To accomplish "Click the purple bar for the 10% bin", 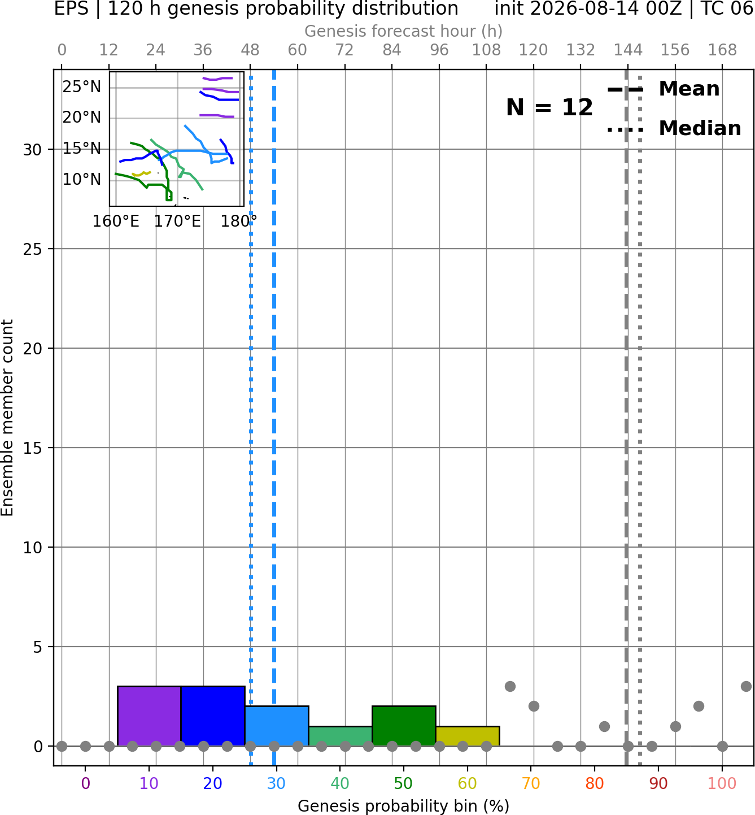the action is point(149,716).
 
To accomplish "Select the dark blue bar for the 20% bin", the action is point(213,716).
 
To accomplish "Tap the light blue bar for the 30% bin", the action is point(277,726).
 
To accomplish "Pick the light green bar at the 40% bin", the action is point(341,736).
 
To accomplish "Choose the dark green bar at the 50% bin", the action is point(404,726).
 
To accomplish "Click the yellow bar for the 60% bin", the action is point(468,736).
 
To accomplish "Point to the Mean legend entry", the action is point(663,89).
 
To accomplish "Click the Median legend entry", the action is point(674,128).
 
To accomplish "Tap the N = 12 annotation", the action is point(549,107).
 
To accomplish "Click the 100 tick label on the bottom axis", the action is point(722,783).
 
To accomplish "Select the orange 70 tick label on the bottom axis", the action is point(531,783).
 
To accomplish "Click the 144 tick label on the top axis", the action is point(627,50).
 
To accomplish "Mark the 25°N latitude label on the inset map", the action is point(82,87).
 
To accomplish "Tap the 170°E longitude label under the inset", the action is point(177,221).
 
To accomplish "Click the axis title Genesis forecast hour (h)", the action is point(404,31).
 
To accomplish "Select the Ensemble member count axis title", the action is point(7,418).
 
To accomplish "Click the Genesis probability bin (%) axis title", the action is point(404,806).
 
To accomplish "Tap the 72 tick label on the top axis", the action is point(344,50).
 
